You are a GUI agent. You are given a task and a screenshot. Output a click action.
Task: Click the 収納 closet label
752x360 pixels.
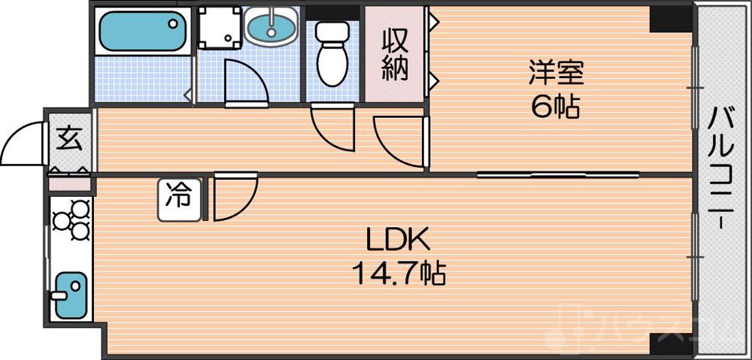395,54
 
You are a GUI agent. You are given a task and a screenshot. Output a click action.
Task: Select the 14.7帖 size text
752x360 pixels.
399,273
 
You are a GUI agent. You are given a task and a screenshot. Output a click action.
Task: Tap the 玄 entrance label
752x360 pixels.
69,139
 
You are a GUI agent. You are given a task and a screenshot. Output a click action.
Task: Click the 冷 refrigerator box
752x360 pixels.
179,198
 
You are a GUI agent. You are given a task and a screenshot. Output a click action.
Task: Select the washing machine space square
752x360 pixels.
220,29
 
